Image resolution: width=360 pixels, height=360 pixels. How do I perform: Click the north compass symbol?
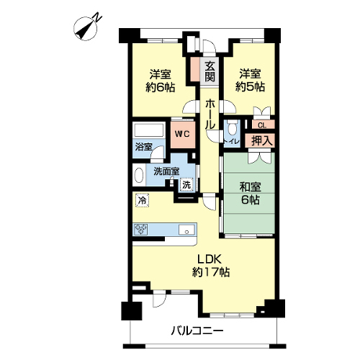tap(86, 28)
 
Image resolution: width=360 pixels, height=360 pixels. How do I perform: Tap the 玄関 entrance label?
tap(210, 71)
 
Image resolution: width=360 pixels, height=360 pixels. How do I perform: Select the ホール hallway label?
tap(210, 114)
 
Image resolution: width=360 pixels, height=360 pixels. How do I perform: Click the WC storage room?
tap(183, 134)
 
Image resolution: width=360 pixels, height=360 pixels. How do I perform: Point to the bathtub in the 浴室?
tap(149, 130)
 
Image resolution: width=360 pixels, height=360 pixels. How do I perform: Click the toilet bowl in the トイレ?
tap(232, 128)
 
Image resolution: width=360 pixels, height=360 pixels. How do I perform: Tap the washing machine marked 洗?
tap(186, 184)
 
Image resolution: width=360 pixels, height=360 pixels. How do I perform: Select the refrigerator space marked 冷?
tap(143, 200)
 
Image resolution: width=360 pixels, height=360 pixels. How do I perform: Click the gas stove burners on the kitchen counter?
tap(140, 229)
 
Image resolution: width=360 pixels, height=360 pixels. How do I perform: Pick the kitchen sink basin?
tap(186, 230)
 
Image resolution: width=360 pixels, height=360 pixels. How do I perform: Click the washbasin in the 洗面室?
tap(139, 175)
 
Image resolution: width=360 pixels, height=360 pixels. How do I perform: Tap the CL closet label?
tap(262, 125)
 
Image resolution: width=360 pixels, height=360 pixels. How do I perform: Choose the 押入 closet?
tap(260, 140)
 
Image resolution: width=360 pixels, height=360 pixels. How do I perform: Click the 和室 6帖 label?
tap(251, 193)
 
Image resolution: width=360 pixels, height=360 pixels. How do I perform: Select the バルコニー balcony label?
tap(197, 331)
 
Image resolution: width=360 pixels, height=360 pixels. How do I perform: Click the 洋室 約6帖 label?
tap(161, 81)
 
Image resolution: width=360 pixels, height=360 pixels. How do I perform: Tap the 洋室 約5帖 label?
tap(250, 80)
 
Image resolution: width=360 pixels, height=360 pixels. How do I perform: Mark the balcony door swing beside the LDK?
tap(159, 298)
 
